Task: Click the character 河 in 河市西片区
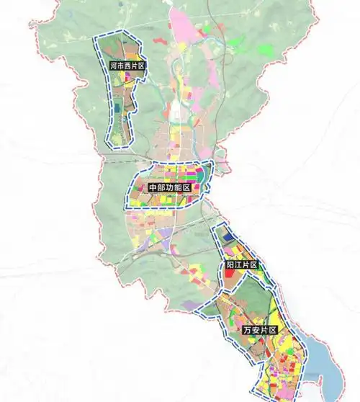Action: point(113,66)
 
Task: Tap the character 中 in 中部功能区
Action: point(152,187)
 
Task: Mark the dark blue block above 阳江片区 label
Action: point(228,236)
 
